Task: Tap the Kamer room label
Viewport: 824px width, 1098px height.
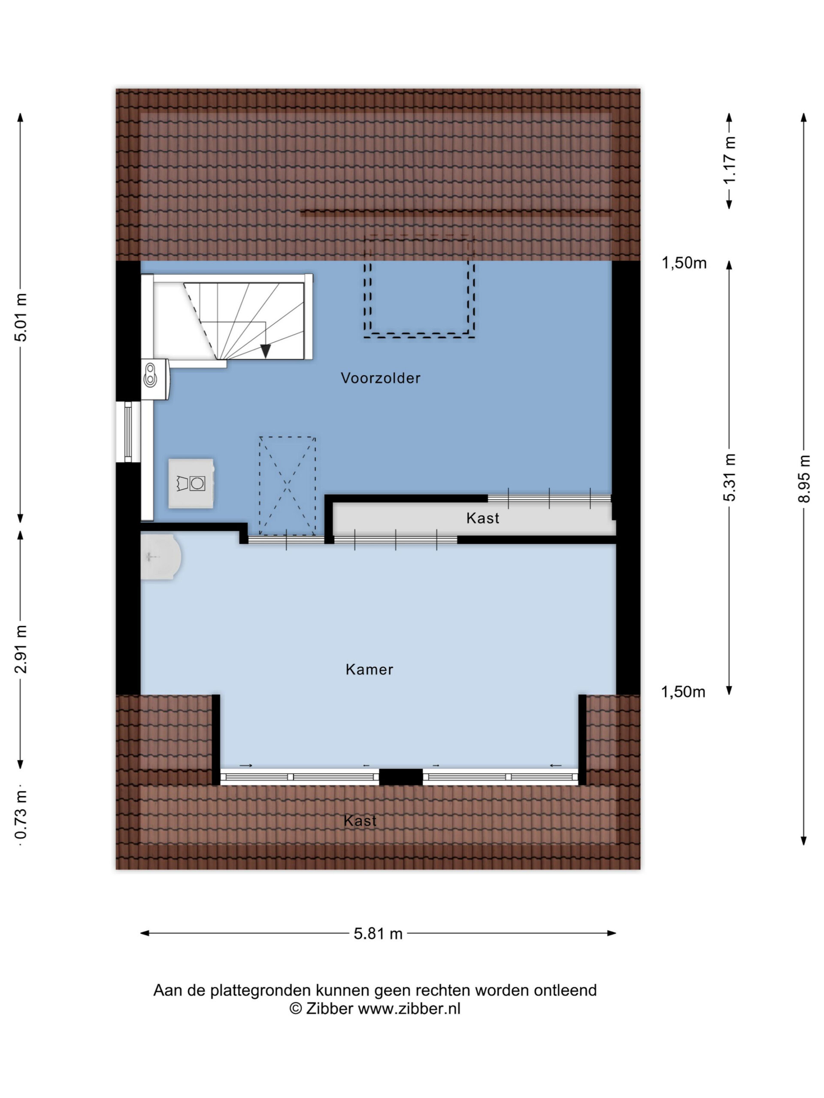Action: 370,670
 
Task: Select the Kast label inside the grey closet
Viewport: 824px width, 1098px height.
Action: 483,518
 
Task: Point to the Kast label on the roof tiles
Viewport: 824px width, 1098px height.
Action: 360,820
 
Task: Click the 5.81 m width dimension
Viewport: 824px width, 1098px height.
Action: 378,934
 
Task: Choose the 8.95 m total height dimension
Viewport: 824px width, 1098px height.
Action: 804,479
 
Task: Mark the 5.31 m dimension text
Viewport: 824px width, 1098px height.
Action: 729,477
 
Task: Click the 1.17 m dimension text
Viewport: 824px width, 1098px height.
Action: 729,160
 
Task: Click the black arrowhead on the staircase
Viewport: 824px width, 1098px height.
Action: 266,351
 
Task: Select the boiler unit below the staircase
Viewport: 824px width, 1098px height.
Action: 155,380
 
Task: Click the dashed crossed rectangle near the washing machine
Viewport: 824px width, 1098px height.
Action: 287,486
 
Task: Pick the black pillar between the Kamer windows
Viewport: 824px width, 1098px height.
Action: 401,777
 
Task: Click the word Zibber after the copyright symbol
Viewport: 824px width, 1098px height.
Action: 329,1008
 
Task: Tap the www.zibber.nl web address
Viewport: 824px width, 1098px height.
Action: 409,1008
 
